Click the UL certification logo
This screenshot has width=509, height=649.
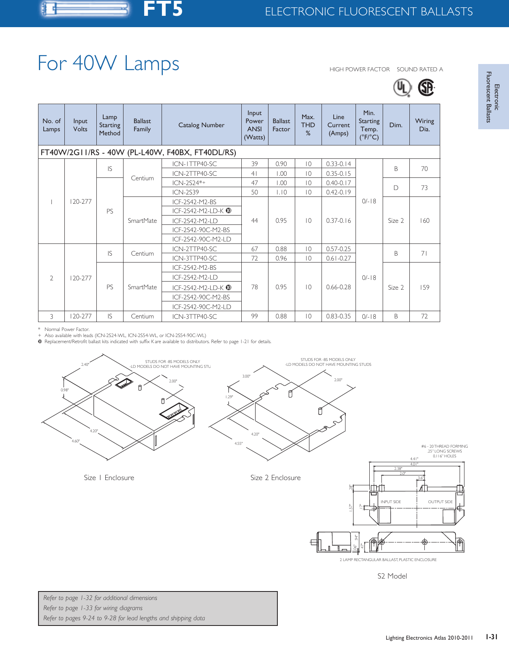coord(403,88)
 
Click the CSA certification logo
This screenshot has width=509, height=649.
coord(426,88)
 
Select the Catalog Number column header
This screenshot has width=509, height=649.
coord(201,125)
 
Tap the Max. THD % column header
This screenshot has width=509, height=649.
coord(308,125)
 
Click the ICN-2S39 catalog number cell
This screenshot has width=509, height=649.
coord(185,192)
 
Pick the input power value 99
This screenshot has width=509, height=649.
coord(254,316)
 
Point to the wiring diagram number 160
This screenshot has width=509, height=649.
coord(424,220)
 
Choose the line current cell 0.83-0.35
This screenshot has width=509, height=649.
coord(338,316)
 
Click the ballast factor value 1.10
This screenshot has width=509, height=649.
coord(281,192)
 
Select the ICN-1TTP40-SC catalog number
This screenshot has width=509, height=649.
coord(194,164)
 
